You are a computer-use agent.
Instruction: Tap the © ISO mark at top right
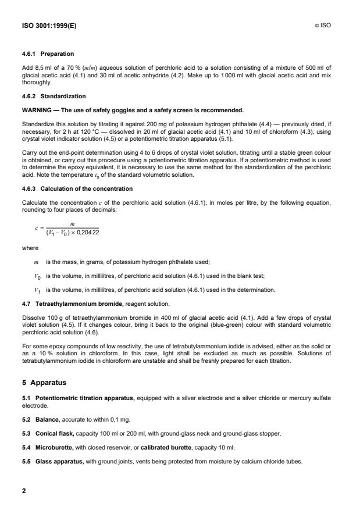[x=325, y=26]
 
